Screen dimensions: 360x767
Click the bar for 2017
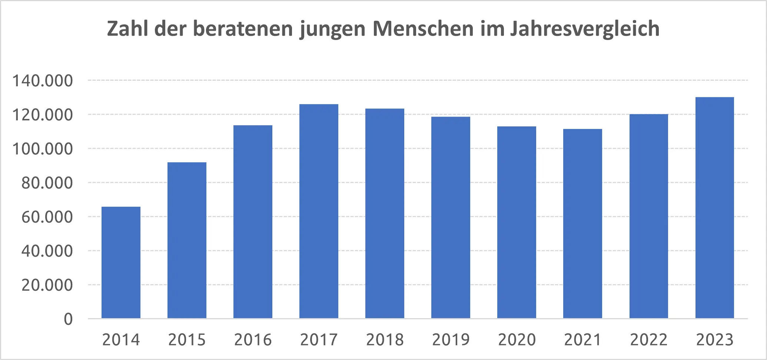tap(319, 211)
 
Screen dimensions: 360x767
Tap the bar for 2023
tap(714, 207)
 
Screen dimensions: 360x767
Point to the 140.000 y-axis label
tap(43, 81)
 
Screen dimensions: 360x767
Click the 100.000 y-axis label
tap(43, 149)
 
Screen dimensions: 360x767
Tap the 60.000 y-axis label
tap(47, 217)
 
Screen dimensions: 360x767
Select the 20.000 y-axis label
tap(47, 285)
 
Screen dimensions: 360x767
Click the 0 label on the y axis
tap(68, 319)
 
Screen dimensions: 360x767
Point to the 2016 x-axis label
tap(253, 340)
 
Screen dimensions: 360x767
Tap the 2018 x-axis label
tap(385, 340)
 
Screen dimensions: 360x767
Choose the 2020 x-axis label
tap(517, 340)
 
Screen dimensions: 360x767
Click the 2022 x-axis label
tap(648, 340)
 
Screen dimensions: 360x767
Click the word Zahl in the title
tap(128, 29)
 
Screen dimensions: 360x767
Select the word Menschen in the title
tap(423, 29)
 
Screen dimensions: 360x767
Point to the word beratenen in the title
tap(243, 29)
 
